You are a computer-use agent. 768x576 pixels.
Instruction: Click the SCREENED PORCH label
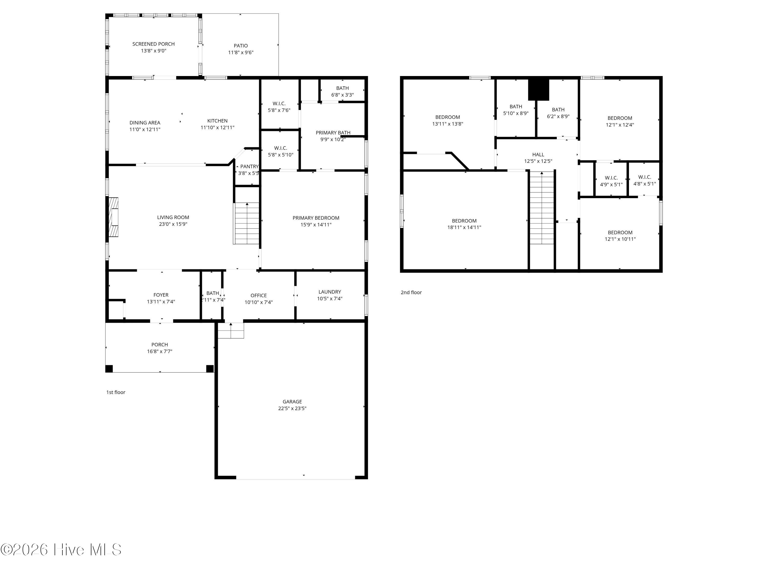click(153, 44)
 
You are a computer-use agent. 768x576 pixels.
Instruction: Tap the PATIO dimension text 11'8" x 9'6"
click(241, 52)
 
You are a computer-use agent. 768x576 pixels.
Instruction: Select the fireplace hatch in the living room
click(113, 217)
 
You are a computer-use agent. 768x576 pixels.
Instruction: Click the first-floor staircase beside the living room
click(247, 223)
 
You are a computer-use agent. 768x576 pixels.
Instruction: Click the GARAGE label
click(292, 402)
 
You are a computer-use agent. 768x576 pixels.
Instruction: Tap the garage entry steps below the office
click(231, 330)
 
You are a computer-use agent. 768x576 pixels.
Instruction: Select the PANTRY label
click(249, 167)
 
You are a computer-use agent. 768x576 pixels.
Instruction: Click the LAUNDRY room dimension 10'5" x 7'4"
click(329, 298)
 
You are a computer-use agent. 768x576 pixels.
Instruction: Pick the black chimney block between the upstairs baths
click(539, 90)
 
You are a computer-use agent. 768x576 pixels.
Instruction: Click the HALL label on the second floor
click(538, 155)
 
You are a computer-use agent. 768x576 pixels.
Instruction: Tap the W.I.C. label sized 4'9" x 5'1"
click(611, 178)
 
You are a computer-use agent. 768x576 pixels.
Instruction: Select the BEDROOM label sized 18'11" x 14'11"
click(464, 221)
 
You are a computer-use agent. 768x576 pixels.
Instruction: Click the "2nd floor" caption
click(411, 292)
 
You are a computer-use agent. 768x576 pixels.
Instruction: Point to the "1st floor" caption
click(116, 392)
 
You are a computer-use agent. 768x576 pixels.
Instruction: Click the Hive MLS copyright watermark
click(61, 550)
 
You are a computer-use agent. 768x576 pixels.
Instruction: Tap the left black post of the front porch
click(109, 369)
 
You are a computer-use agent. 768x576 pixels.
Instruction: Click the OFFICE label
click(258, 295)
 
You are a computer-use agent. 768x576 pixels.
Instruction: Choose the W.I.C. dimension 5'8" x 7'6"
click(279, 110)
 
